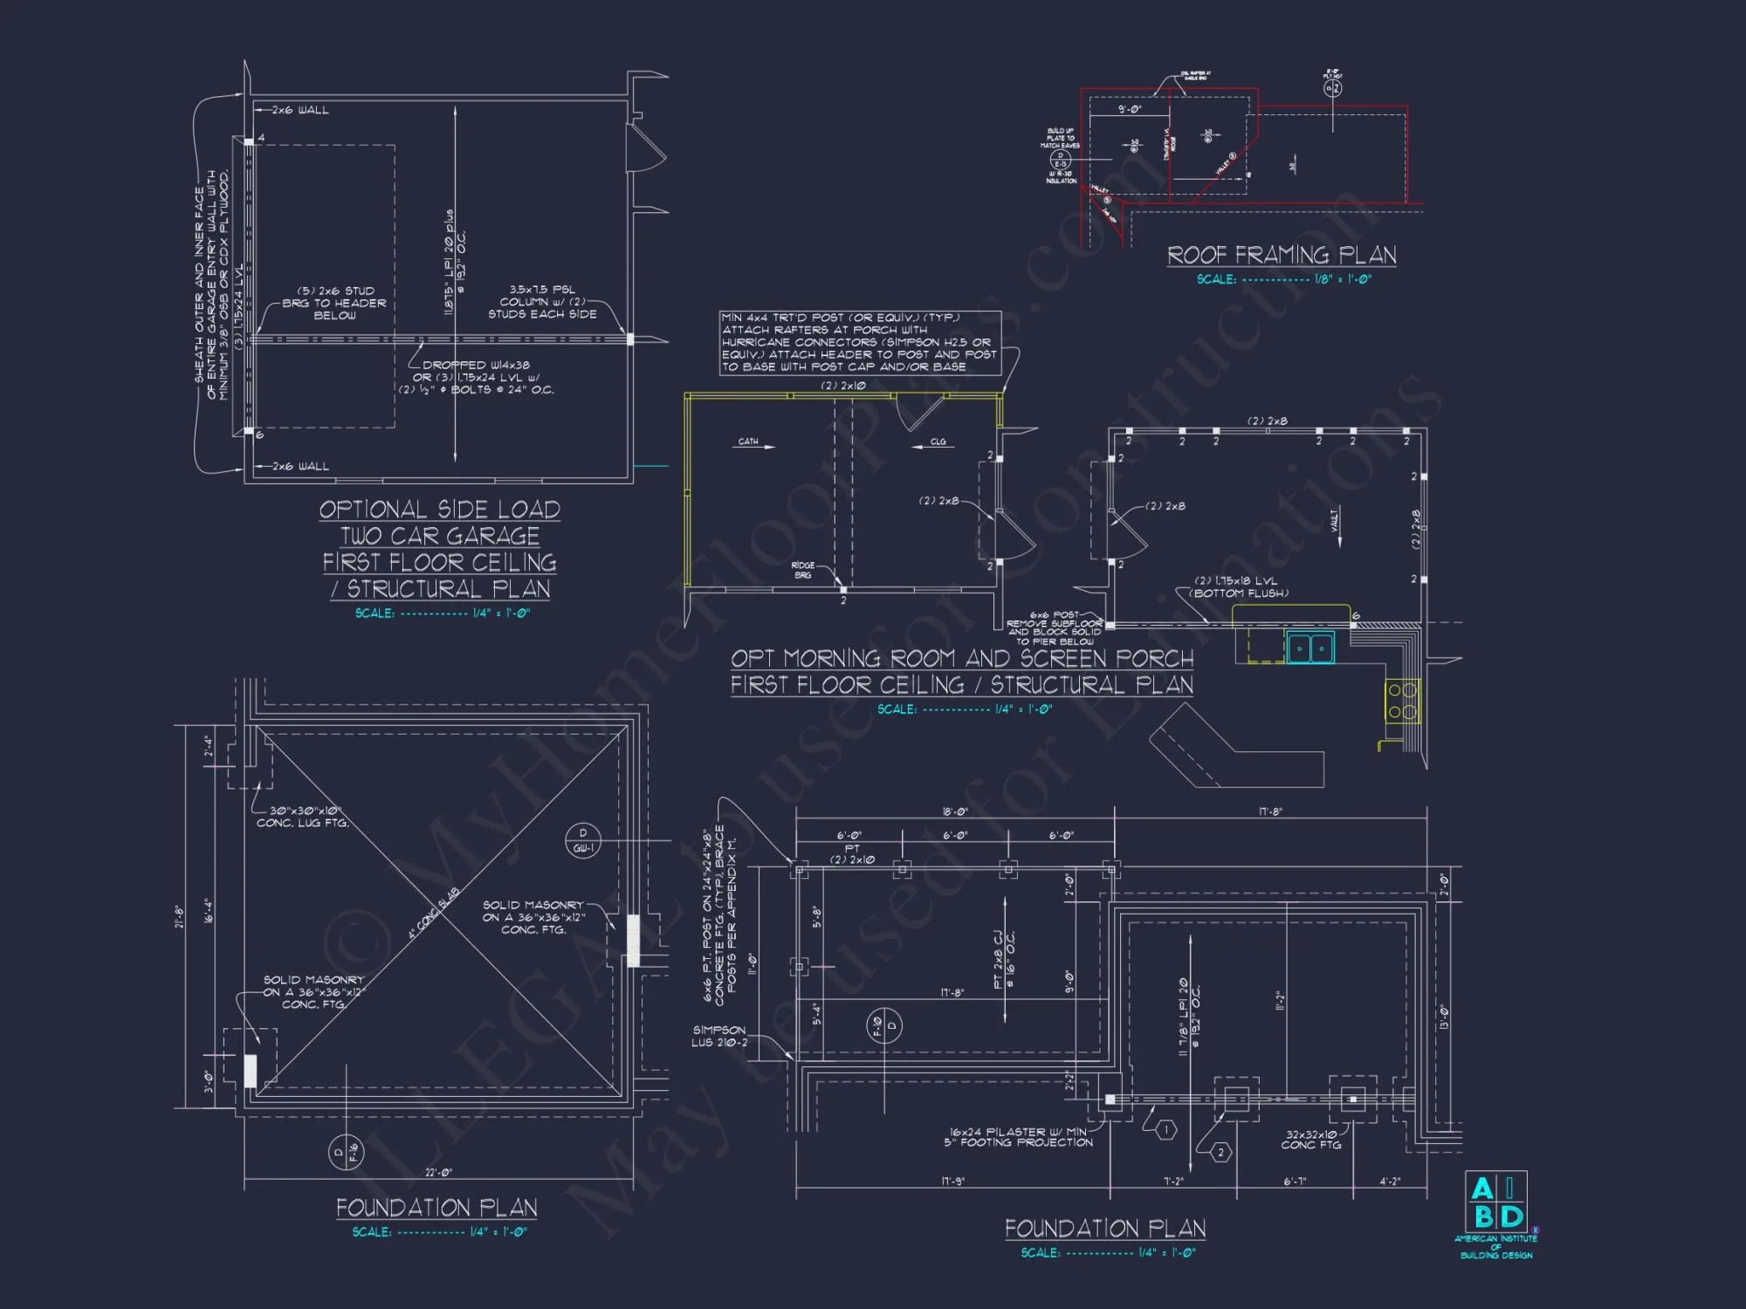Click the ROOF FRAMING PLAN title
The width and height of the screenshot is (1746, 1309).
1282,255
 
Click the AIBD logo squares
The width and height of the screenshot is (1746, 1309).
1495,1202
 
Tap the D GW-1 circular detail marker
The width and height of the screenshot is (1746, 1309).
583,840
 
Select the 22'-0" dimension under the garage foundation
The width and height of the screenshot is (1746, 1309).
438,1172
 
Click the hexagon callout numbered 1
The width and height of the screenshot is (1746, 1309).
1166,1130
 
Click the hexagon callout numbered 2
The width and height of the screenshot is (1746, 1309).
1221,1153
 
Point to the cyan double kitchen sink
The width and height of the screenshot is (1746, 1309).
1310,648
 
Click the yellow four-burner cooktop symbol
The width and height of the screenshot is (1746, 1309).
1402,702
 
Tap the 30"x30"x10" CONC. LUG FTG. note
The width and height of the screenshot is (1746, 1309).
303,817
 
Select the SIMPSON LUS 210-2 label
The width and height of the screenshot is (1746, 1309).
719,1036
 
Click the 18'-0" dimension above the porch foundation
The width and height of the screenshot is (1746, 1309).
954,812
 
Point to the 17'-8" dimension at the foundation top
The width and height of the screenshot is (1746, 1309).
1270,812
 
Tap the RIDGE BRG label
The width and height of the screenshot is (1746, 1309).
802,570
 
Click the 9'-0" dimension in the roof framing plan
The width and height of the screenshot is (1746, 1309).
1129,109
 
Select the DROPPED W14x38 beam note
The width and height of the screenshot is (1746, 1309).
476,377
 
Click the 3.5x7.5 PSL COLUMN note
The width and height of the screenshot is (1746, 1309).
542,301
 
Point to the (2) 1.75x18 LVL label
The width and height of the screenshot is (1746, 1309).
1240,586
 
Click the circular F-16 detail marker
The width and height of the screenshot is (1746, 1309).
346,1153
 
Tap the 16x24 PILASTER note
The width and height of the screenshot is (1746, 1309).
1018,1136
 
